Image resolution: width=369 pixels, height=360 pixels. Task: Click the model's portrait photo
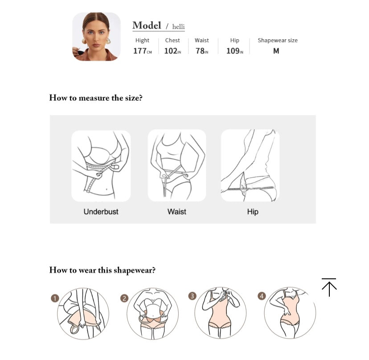click(96, 37)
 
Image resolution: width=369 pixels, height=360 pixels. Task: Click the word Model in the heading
click(147, 25)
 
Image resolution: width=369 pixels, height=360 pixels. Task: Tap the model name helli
click(178, 27)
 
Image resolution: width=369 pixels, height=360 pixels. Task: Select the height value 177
click(140, 51)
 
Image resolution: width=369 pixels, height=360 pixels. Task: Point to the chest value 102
click(171, 51)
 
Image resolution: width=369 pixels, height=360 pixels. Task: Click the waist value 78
click(200, 51)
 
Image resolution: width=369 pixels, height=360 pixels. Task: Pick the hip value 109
click(233, 51)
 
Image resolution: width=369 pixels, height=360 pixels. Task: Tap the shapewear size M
click(276, 51)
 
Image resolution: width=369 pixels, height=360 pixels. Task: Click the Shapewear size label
click(278, 40)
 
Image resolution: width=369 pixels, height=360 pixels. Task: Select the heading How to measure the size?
click(96, 98)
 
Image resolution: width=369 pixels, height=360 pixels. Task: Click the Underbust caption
click(101, 211)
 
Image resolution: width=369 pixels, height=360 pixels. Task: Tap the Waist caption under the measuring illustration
click(177, 211)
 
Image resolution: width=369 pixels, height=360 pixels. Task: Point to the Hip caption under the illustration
click(253, 212)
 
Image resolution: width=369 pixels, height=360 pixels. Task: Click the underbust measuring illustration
click(101, 166)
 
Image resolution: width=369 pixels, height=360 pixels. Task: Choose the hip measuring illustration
click(250, 166)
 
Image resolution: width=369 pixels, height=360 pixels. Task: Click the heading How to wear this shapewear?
click(102, 270)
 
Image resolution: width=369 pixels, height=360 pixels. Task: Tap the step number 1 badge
click(55, 298)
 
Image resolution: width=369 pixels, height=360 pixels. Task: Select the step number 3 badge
click(192, 296)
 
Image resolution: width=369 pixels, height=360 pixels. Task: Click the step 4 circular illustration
click(290, 313)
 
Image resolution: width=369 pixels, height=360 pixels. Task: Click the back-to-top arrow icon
click(329, 287)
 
